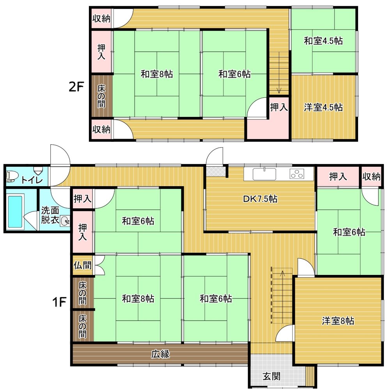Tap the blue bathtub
click(x=15, y=211)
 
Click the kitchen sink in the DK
click(x=264, y=174)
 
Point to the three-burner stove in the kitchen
click(x=297, y=174)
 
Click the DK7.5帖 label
click(x=260, y=199)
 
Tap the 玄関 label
click(x=271, y=376)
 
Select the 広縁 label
click(x=160, y=354)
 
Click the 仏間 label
click(x=82, y=265)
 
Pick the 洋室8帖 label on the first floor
click(x=338, y=321)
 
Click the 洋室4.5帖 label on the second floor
click(x=323, y=107)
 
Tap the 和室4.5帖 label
click(x=323, y=41)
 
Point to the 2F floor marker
click(x=76, y=87)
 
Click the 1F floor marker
click(x=59, y=303)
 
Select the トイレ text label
click(x=32, y=180)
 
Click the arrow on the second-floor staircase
click(x=279, y=72)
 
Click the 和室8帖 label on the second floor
click(x=156, y=74)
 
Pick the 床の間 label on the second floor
click(x=101, y=96)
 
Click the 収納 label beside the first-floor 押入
click(x=371, y=176)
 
